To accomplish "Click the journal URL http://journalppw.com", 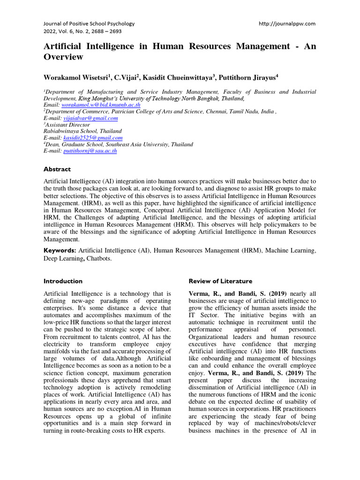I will click(x=287, y=23).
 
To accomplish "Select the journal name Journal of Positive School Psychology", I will click(x=89, y=23).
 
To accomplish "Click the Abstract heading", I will click(x=57, y=169).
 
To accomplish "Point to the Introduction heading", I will click(x=63, y=281).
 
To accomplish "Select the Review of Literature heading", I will click(x=220, y=281).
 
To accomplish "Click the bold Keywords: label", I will click(x=60, y=251).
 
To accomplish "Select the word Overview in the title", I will click(x=63, y=57).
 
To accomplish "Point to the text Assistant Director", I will click(x=66, y=125).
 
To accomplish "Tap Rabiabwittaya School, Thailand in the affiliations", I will click(x=82, y=132).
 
